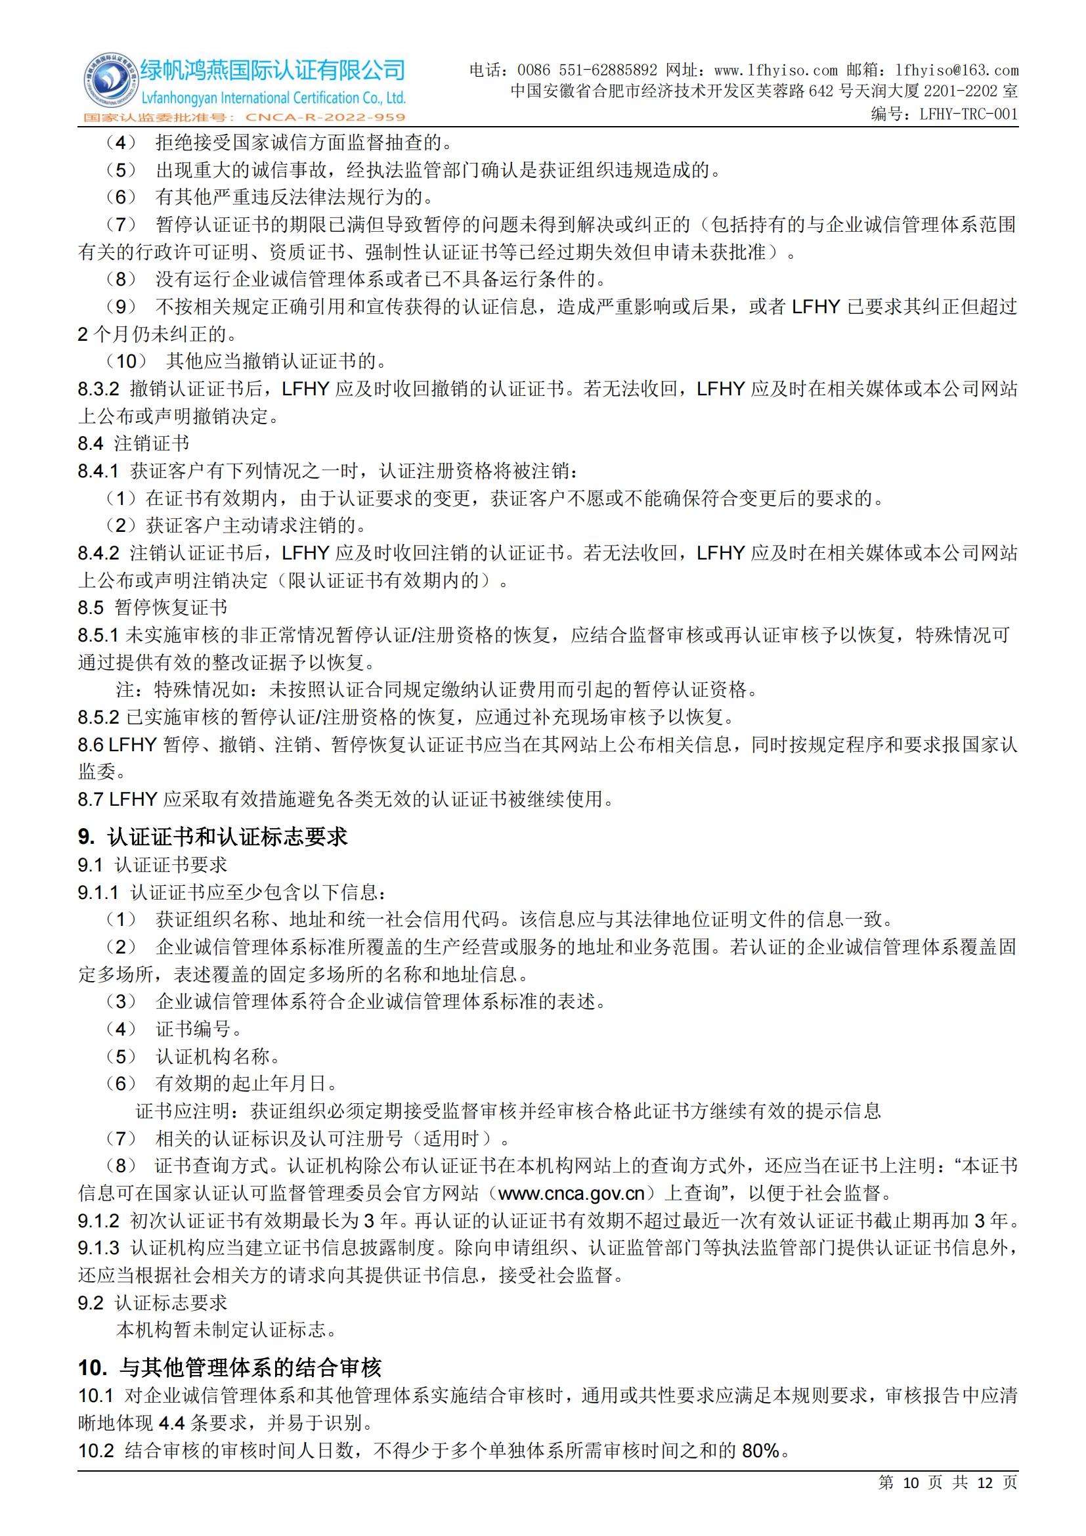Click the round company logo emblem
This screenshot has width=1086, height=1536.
[109, 83]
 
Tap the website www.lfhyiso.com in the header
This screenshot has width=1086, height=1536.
[775, 70]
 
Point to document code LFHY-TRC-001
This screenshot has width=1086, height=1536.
[968, 114]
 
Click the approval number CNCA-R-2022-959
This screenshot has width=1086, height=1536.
[326, 118]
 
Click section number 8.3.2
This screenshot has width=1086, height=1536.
[98, 389]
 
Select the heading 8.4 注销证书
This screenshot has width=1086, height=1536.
[133, 443]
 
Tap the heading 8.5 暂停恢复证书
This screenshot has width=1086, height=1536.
[152, 607]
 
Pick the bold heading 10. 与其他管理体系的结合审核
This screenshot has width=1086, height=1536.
[229, 1367]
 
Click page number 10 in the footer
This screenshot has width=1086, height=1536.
[911, 1483]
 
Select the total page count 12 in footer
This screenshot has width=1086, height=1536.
[985, 1483]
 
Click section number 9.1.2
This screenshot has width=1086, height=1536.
[98, 1221]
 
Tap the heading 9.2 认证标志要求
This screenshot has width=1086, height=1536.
[152, 1302]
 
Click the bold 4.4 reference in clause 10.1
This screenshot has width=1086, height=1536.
[172, 1423]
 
